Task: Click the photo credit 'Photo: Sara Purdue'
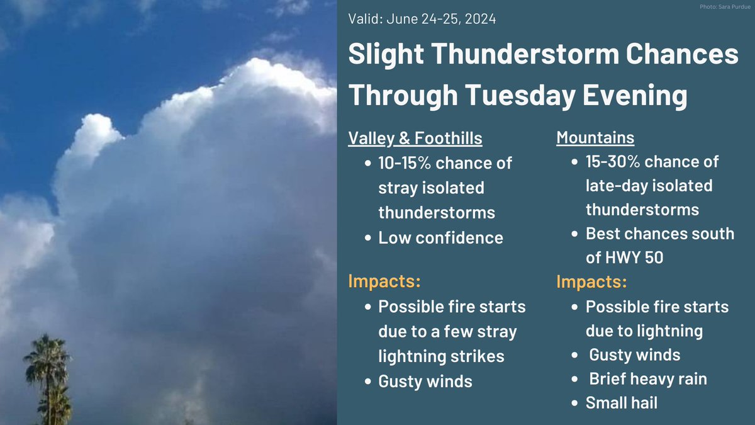(x=725, y=7)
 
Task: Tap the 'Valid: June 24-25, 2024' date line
(x=422, y=19)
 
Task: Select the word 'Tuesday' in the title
(x=520, y=95)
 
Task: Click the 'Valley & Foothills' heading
(x=415, y=139)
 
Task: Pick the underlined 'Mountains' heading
(x=595, y=138)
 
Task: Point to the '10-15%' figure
(x=405, y=163)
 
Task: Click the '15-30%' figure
(x=613, y=162)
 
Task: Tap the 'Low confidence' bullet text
(x=441, y=238)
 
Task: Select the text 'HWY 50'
(x=634, y=258)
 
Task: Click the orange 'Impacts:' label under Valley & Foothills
(x=384, y=281)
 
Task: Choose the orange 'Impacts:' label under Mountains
(x=591, y=281)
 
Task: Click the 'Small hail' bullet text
(x=622, y=403)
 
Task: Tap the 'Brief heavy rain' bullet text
(x=648, y=379)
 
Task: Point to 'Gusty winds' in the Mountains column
(x=635, y=355)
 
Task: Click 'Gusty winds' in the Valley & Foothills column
(x=425, y=382)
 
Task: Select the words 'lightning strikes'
(x=441, y=356)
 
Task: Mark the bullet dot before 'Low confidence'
(x=367, y=238)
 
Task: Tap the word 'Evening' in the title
(x=635, y=96)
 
